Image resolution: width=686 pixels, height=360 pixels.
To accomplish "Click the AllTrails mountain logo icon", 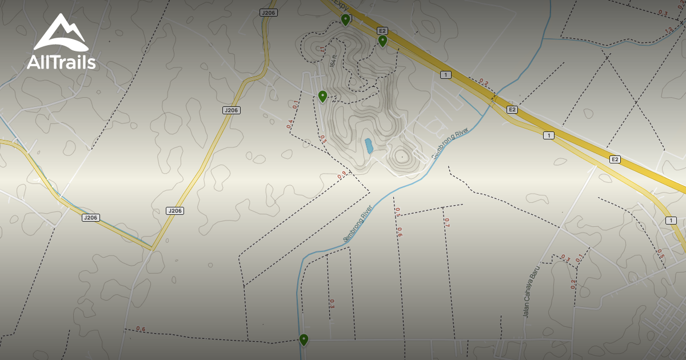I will pos(61,33).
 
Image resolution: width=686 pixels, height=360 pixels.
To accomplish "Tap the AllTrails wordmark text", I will pos(61,62).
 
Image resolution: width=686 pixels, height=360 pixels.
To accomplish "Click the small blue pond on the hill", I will pos(369,146).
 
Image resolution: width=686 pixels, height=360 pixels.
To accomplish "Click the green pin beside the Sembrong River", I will pos(304,340).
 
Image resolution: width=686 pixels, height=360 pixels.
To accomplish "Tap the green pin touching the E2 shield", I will pos(382,41).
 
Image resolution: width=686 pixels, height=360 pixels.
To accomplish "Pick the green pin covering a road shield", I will pos(345,20).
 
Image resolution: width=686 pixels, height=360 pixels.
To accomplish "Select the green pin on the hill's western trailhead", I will pos(322,97).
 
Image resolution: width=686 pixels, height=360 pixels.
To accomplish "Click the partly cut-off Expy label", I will pos(341,5).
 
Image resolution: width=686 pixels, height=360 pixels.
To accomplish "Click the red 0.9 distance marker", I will pos(342,175).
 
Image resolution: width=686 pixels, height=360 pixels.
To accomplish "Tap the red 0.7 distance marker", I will pos(446,222).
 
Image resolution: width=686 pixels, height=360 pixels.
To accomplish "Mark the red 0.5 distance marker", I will pos(660,253).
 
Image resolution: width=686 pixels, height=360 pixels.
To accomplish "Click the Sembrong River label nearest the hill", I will pos(450,143).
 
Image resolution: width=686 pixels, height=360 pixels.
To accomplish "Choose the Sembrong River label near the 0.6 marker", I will pos(358,223).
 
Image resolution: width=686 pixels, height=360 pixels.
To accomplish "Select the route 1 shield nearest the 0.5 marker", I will pos(671,221).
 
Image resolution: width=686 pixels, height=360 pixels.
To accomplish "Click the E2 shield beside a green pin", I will pos(382,30).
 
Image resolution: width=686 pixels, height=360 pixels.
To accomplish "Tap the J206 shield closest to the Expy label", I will pos(268,13).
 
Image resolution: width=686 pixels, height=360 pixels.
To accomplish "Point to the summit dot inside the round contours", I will pos(402,157).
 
